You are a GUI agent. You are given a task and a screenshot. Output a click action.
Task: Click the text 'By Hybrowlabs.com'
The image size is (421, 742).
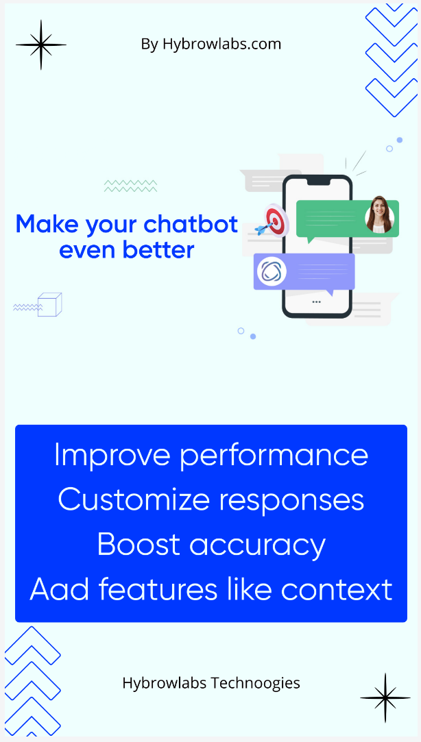pos(210,45)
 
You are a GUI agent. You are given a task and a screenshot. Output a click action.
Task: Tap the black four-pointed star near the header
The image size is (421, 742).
pos(41,45)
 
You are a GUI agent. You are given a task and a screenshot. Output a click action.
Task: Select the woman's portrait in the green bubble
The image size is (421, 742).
pos(380,215)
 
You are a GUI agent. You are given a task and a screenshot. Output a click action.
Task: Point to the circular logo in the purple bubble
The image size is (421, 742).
pos(272,272)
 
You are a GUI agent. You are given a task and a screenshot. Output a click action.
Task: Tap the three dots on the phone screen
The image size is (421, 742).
pos(316,301)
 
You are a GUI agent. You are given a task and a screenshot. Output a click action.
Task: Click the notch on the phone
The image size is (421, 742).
pos(317,182)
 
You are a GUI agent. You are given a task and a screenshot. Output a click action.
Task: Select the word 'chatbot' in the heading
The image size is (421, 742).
pos(191,223)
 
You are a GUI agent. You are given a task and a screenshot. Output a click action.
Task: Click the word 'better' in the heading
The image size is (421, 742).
pos(161,249)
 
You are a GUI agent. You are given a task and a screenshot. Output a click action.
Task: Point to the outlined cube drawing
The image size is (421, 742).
pos(50,304)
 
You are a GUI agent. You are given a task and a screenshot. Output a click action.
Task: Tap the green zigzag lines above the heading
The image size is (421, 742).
pos(131,186)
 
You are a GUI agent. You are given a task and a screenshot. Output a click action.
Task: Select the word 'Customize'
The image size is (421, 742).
pos(133,499)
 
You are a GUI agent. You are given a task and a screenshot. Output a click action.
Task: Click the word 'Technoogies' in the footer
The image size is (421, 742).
pos(255,683)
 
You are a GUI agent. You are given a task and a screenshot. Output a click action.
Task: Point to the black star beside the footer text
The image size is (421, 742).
pos(385,698)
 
